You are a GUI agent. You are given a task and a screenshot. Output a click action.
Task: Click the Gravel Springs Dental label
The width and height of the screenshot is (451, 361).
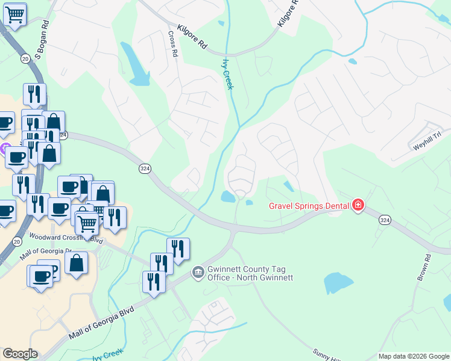coord(309,206)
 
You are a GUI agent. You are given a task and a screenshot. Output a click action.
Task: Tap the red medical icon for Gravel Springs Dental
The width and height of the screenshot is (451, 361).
coord(358,205)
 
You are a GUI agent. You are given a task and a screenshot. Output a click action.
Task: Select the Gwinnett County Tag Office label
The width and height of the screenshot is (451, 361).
coord(250,273)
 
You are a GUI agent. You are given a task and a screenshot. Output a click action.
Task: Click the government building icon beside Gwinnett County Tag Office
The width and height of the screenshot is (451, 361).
coord(197,273)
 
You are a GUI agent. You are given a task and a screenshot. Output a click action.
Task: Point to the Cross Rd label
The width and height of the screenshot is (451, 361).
coord(174,44)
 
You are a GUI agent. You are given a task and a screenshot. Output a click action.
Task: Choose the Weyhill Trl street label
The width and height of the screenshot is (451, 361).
coord(427,143)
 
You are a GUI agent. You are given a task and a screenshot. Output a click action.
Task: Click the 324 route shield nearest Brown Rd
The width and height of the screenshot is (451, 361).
coord(385,220)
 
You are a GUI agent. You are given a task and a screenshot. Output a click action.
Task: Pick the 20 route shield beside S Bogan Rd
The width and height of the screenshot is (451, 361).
coord(25,58)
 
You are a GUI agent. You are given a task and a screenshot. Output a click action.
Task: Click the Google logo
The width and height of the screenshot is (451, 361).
coord(20,354)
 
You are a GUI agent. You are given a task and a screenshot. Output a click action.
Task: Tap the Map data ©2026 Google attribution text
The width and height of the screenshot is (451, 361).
coord(413,356)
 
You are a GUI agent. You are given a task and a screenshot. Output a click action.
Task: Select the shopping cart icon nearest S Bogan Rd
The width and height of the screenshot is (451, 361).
coord(14,13)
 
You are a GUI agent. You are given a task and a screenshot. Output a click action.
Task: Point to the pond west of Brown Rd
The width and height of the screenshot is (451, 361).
coord(338,283)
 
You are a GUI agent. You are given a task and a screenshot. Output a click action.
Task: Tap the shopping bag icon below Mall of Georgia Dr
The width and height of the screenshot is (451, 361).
coord(77,262)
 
